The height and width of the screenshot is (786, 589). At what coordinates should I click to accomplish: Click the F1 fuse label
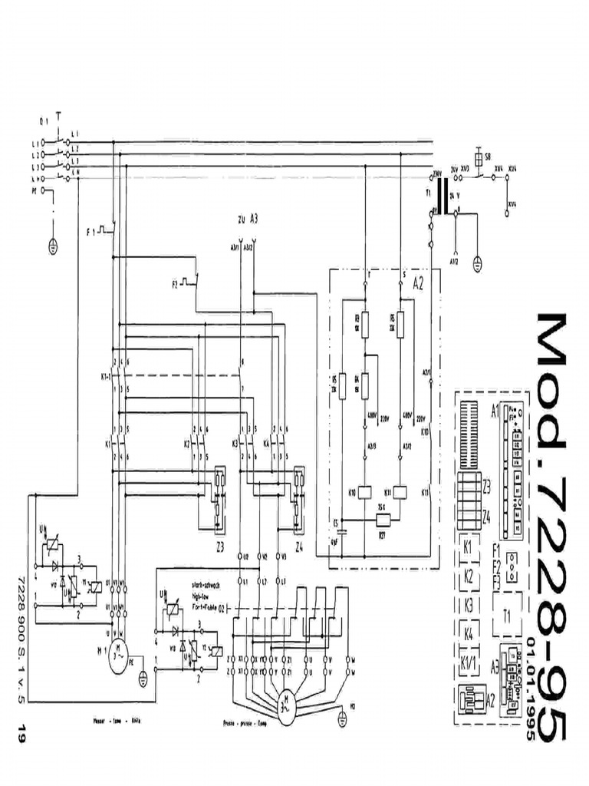[x=91, y=230]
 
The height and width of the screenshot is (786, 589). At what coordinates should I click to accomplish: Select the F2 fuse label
[x=175, y=284]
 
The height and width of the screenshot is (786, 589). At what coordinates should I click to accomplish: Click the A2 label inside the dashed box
[x=419, y=282]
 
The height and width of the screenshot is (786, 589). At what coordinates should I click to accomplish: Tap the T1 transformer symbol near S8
[x=443, y=192]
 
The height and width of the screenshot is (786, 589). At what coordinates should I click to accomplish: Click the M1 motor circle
[x=117, y=658]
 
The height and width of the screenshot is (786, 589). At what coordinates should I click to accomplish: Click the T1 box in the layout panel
[x=507, y=614]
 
